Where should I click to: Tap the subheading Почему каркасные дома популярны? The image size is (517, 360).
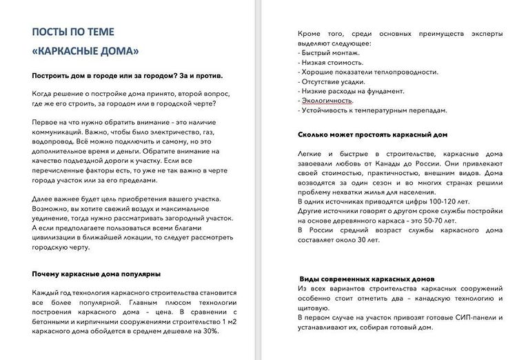(97, 274)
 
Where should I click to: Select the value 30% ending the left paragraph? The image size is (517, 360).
(211, 332)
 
